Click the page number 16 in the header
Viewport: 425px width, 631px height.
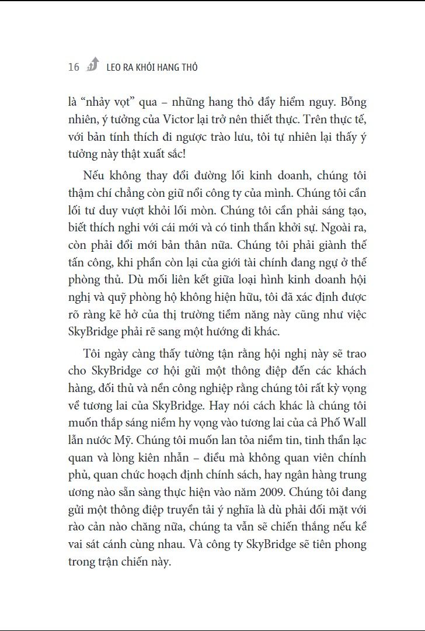74,67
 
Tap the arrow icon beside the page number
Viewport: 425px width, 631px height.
93,65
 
